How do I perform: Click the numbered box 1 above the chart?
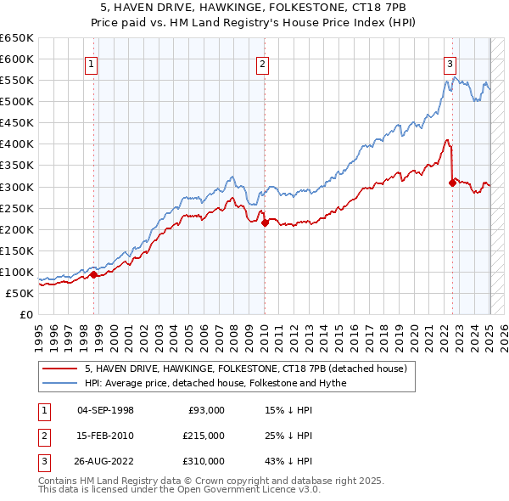(91, 63)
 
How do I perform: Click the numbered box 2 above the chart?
(263, 63)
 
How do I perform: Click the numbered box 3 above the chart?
(450, 63)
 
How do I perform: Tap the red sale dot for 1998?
(94, 274)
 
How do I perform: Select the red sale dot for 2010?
(265, 222)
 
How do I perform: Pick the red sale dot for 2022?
(452, 182)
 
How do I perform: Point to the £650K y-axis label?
(17, 38)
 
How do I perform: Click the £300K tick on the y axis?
(17, 187)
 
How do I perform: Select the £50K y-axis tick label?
(20, 293)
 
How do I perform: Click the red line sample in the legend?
(62, 369)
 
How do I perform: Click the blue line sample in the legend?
(62, 383)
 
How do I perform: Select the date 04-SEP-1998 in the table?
(105, 410)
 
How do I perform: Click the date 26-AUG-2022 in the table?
(105, 461)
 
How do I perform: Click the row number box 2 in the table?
(42, 436)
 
